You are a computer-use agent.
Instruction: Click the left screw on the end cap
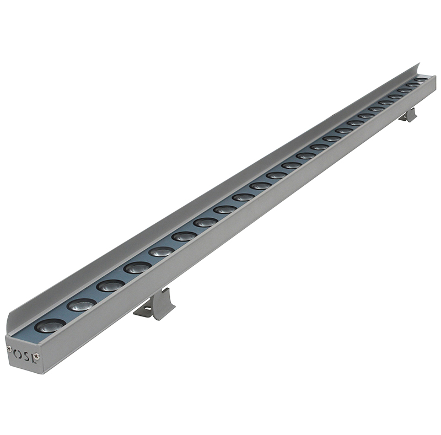click(9, 348)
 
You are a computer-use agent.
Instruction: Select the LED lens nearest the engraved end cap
click(51, 326)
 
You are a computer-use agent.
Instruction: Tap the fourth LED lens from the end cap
click(137, 268)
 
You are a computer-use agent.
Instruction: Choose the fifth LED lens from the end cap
click(162, 251)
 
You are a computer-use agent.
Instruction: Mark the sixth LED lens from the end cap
click(184, 237)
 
